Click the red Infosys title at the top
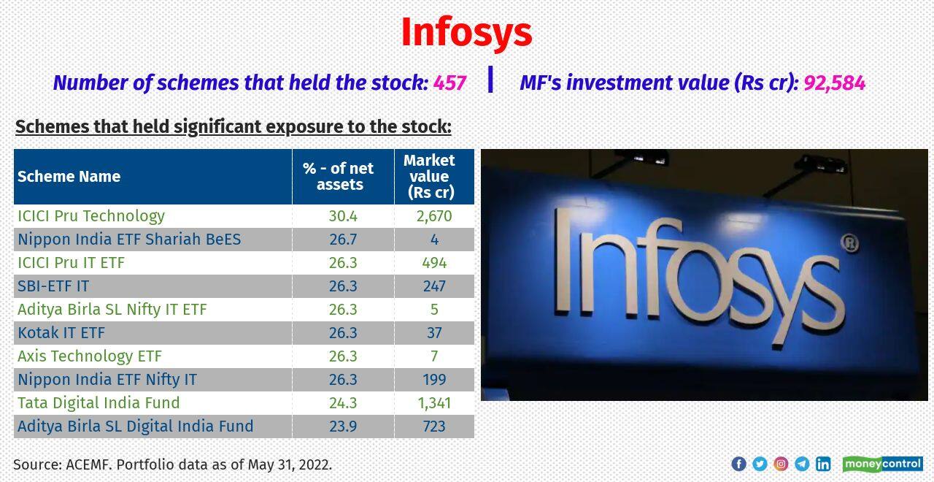click(466, 33)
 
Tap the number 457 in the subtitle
click(449, 83)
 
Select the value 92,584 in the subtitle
click(834, 83)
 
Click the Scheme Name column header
click(69, 176)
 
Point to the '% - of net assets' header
click(340, 176)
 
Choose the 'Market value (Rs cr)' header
click(431, 176)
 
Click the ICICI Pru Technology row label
click(91, 215)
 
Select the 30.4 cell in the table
click(343, 215)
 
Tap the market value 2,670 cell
click(434, 215)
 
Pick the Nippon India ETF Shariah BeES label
click(129, 239)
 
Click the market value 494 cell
click(434, 262)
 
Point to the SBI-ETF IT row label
click(53, 286)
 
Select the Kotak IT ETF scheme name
click(61, 332)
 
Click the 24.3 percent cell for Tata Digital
click(343, 402)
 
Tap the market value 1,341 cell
click(434, 402)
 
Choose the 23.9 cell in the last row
click(343, 426)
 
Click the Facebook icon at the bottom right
click(738, 464)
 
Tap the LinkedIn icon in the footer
click(823, 464)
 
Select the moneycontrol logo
click(882, 464)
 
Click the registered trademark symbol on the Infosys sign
click(849, 243)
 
